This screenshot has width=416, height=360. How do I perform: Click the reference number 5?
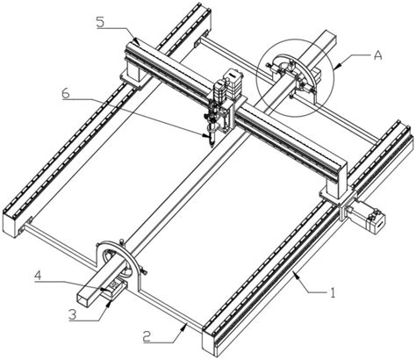coord(100,22)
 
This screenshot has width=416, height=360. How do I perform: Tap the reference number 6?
coord(66,93)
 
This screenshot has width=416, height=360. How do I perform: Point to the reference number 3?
coord(73,314)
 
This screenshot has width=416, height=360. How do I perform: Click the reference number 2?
coord(147,336)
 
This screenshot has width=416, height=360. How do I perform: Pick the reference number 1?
coord(333,292)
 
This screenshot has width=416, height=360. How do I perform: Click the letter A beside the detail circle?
coord(378,54)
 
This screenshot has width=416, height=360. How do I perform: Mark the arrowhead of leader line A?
coord(334,68)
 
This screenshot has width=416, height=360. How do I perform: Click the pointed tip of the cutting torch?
coord(211,146)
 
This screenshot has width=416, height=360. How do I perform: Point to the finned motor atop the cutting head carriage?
coord(233,84)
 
